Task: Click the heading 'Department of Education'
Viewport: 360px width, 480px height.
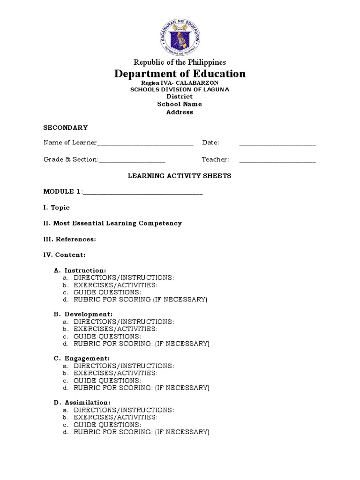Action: pyautogui.click(x=180, y=74)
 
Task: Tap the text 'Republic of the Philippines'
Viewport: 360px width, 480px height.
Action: pyautogui.click(x=180, y=62)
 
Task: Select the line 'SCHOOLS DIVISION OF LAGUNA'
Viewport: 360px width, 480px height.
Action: pyautogui.click(x=180, y=90)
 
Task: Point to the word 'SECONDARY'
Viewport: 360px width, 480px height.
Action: pyautogui.click(x=66, y=127)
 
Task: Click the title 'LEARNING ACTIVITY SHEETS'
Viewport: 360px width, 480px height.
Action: pyautogui.click(x=180, y=176)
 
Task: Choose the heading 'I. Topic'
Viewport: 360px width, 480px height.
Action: pyautogui.click(x=57, y=207)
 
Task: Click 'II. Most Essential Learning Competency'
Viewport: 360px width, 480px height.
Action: pyautogui.click(x=112, y=223)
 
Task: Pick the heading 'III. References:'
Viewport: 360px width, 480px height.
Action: pyautogui.click(x=70, y=239)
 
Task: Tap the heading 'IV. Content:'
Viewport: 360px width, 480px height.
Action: pyautogui.click(x=65, y=255)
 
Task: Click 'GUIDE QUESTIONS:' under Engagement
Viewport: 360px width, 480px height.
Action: pyautogui.click(x=107, y=381)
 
